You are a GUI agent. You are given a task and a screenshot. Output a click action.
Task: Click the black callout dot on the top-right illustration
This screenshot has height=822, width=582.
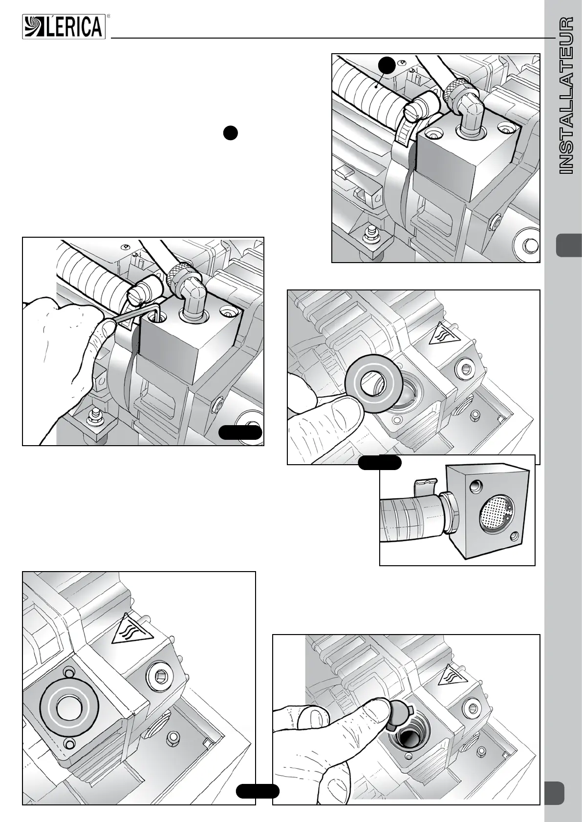[x=387, y=64]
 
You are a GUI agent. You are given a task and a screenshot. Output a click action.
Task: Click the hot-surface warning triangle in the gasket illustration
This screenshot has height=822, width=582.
[x=440, y=334]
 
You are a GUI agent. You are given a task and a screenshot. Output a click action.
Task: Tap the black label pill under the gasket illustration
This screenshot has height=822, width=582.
[x=380, y=463]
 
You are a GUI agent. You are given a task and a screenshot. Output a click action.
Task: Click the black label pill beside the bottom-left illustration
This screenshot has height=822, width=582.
[x=258, y=791]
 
